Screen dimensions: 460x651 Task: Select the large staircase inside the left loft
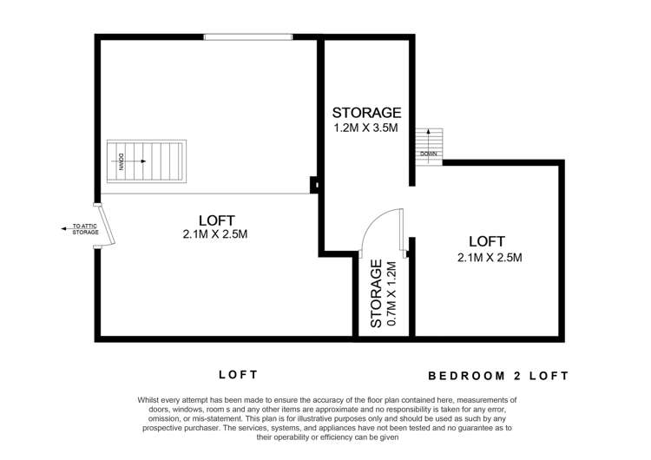pyautogui.click(x=146, y=161)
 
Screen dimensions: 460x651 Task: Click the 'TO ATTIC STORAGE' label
pyautogui.click(x=86, y=229)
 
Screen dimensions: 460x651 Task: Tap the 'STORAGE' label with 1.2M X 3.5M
pyautogui.click(x=367, y=113)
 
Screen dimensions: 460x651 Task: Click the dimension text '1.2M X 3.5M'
pyautogui.click(x=367, y=128)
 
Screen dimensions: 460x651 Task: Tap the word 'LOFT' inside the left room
pyautogui.click(x=216, y=220)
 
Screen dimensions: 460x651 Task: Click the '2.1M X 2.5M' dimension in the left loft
pyautogui.click(x=216, y=234)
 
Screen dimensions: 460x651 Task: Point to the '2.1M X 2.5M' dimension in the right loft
pyautogui.click(x=489, y=256)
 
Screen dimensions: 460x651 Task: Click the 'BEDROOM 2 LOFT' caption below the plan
pyautogui.click(x=499, y=376)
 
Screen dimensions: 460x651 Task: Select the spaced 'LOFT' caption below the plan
pyautogui.click(x=238, y=375)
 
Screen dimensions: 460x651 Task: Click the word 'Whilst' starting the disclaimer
pyautogui.click(x=149, y=399)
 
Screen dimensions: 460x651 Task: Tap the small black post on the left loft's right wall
pyautogui.click(x=315, y=183)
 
